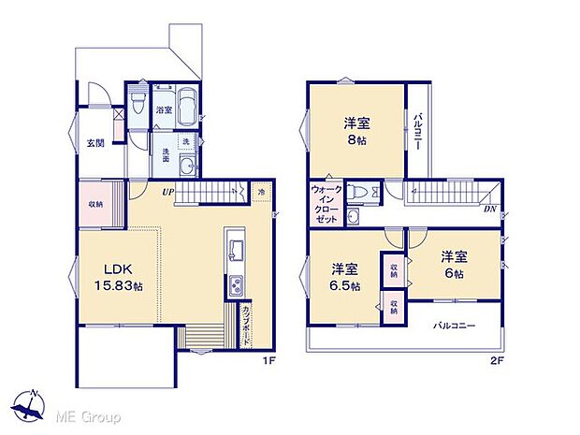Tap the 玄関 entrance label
pyautogui.click(x=95, y=143)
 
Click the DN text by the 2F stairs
pyautogui.click(x=489, y=209)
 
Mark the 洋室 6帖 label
pyautogui.click(x=456, y=263)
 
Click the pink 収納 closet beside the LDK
pyautogui.click(x=95, y=204)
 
